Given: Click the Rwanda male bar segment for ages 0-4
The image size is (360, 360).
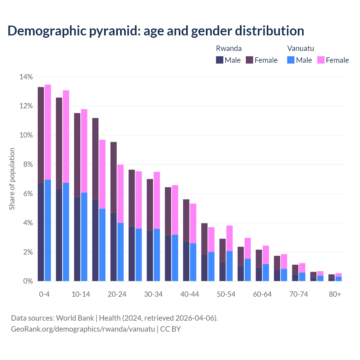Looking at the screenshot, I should [x=41, y=232].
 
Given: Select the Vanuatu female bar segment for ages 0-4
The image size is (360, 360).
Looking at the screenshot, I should [x=48, y=132].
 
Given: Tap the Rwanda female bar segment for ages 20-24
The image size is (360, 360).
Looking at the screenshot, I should [x=113, y=177].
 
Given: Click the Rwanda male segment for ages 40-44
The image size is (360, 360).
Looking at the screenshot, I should [x=186, y=261].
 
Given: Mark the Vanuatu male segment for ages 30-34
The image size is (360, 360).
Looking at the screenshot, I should [x=157, y=255].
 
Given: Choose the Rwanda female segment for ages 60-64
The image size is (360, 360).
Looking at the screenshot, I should [x=259, y=258].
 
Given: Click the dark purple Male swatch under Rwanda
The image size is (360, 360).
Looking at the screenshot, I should [x=220, y=60].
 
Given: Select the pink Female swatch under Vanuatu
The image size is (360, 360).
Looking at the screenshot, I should [x=321, y=60].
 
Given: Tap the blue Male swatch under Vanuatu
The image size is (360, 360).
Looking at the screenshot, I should [x=291, y=60].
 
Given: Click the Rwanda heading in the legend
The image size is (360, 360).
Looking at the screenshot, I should [x=229, y=48].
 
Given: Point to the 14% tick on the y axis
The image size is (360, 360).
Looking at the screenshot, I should [x=26, y=77].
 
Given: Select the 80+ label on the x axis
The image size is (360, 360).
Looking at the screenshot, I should [x=335, y=294].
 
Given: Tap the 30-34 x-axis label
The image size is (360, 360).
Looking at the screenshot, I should [x=153, y=294].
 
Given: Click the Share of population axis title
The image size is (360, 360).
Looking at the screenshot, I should [x=12, y=179].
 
